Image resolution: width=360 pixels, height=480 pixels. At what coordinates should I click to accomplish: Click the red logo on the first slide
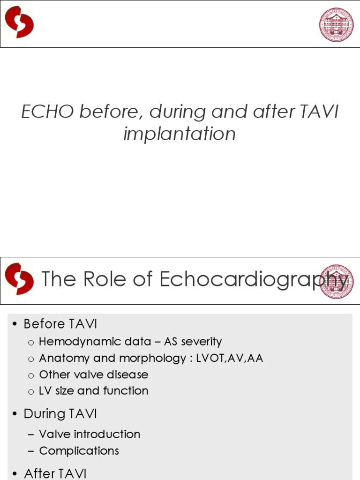(19, 22)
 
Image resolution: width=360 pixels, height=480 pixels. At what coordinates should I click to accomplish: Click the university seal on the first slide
(336, 24)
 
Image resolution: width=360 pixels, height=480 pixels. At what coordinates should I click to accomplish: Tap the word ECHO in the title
(48, 112)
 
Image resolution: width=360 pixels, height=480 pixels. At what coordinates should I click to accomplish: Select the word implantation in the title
(180, 134)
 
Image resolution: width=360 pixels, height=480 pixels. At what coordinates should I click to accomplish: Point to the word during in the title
(170, 112)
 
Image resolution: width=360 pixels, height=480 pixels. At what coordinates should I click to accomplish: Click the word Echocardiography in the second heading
(253, 280)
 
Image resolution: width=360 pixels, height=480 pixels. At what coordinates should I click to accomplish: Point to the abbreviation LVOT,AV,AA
(231, 358)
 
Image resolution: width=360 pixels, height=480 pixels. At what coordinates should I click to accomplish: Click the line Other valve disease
(93, 375)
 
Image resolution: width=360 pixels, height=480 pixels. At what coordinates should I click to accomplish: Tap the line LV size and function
(93, 390)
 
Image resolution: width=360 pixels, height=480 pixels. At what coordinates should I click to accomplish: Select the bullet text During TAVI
(60, 414)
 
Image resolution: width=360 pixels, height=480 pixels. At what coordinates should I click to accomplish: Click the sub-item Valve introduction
(90, 434)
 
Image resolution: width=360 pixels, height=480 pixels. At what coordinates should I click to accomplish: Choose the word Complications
(79, 450)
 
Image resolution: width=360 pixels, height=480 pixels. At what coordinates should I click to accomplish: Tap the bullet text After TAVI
(55, 473)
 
